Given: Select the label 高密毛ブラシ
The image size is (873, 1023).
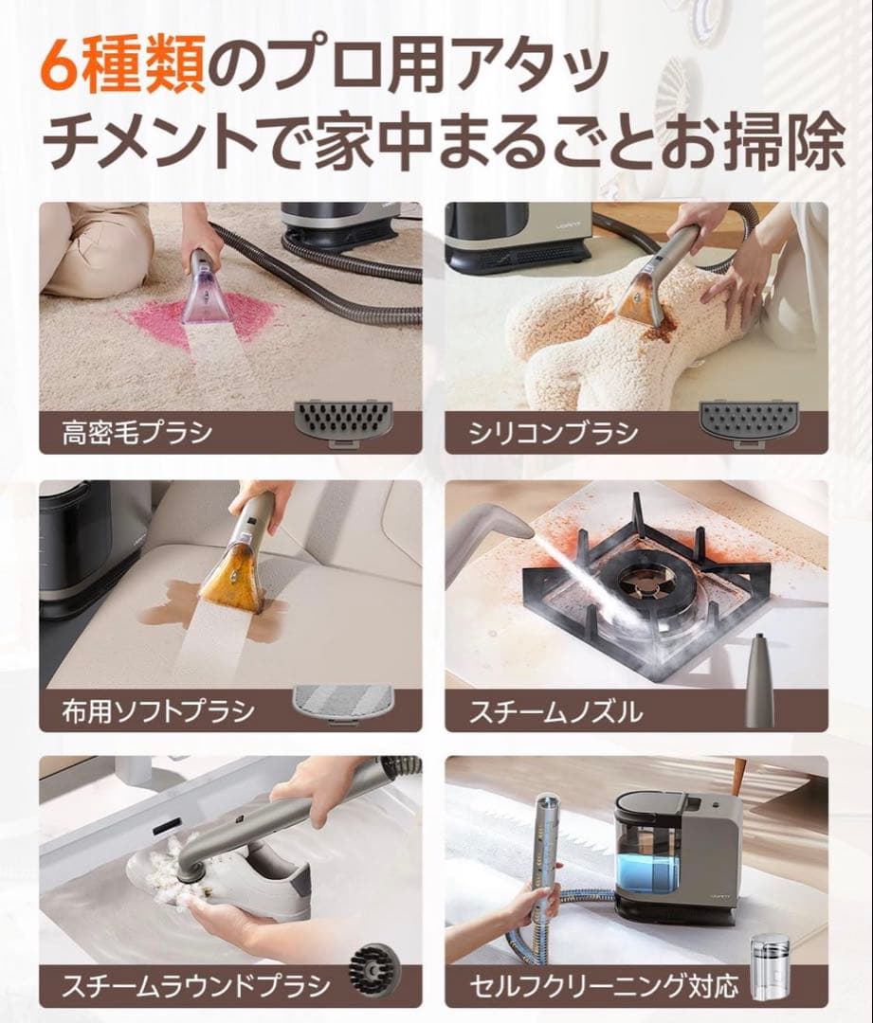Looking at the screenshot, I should click(x=136, y=434).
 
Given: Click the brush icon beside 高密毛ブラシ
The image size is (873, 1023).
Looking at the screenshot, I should click(x=338, y=418).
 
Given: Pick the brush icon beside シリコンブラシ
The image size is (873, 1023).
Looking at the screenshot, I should click(x=744, y=418).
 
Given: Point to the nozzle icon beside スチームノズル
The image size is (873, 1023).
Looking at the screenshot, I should click(x=757, y=681).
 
